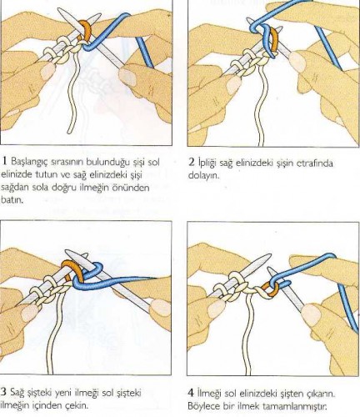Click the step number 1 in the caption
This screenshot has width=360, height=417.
coord(5,160)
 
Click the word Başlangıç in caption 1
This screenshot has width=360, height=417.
coord(29,161)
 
